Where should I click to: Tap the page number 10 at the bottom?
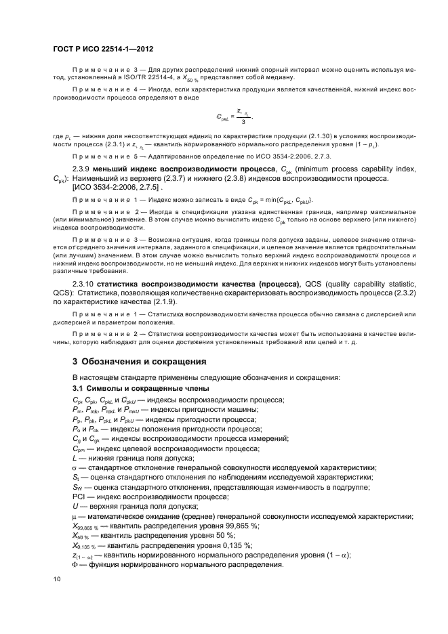coord(56,579)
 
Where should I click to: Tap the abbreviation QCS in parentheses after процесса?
coord(311,299)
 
